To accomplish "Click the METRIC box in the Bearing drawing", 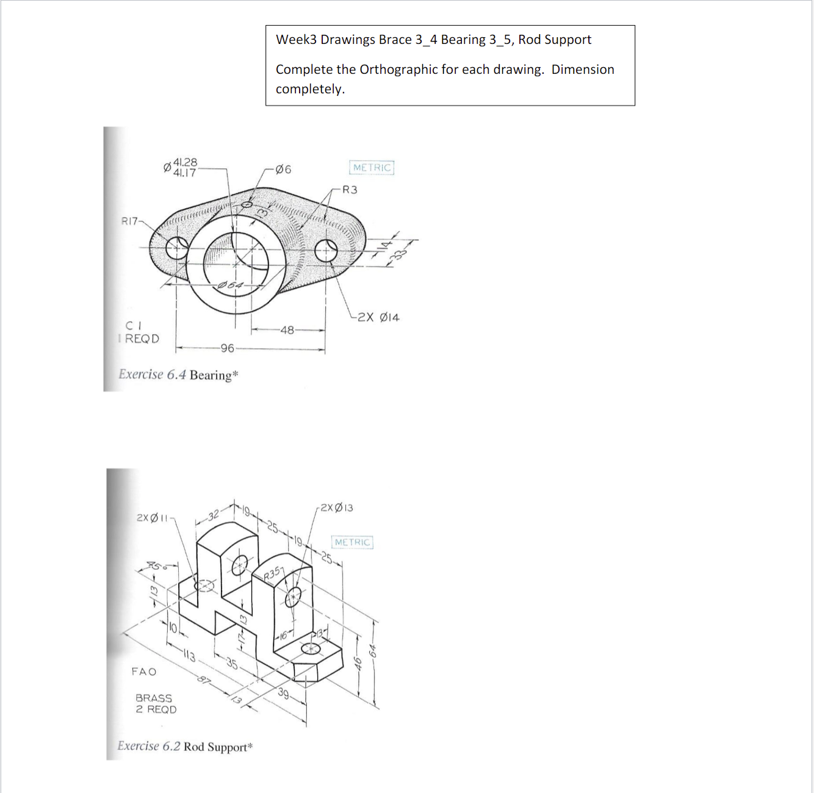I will [372, 168].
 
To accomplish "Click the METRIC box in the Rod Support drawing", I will [352, 542].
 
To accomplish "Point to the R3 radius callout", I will [350, 190].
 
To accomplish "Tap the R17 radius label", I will [129, 221].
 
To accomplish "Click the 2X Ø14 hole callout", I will [378, 317].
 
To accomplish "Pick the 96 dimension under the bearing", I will [227, 348].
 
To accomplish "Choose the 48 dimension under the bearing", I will [287, 330].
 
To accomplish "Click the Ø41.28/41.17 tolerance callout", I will [181, 167].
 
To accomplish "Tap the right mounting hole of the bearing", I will [326, 249].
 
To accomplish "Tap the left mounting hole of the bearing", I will [177, 248].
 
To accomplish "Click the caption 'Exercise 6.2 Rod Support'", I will [185, 747].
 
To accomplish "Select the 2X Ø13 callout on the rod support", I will [336, 508].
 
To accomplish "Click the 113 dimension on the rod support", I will [189, 656].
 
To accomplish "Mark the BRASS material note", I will [154, 698].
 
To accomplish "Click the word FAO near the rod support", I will [144, 672].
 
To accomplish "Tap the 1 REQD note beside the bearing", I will [140, 339].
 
